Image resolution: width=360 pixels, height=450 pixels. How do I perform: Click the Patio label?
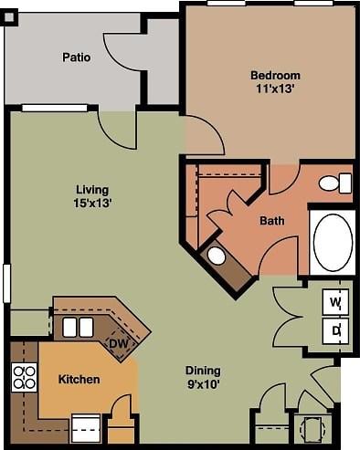tap(76, 58)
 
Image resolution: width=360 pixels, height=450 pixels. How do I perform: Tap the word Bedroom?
tap(275, 75)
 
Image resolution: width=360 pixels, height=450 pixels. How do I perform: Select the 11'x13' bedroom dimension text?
tap(275, 89)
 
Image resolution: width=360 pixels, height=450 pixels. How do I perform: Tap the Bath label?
tap(271, 221)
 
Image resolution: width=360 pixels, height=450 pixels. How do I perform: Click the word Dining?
tap(203, 370)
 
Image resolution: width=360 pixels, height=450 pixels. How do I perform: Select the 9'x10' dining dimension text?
tap(203, 383)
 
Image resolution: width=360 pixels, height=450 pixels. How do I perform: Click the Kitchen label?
tap(79, 379)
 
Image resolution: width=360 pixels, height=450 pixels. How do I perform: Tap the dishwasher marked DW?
tap(118, 343)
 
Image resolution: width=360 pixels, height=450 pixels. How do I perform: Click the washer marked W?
tap(335, 301)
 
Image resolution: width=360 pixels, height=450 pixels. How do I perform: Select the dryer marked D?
tap(335, 330)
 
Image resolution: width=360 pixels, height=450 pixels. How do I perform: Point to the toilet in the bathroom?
tap(335, 183)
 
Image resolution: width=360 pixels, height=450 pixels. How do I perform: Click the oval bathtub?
tap(333, 242)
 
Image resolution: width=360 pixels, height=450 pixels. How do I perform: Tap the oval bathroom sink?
tap(217, 256)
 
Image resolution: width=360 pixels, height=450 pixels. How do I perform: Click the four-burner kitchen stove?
tap(24, 377)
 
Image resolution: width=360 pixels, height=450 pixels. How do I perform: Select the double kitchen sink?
tap(78, 327)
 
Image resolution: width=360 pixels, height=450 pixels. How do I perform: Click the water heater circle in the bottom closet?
tap(312, 429)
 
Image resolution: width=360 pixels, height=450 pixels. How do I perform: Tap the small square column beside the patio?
tap(9, 16)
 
